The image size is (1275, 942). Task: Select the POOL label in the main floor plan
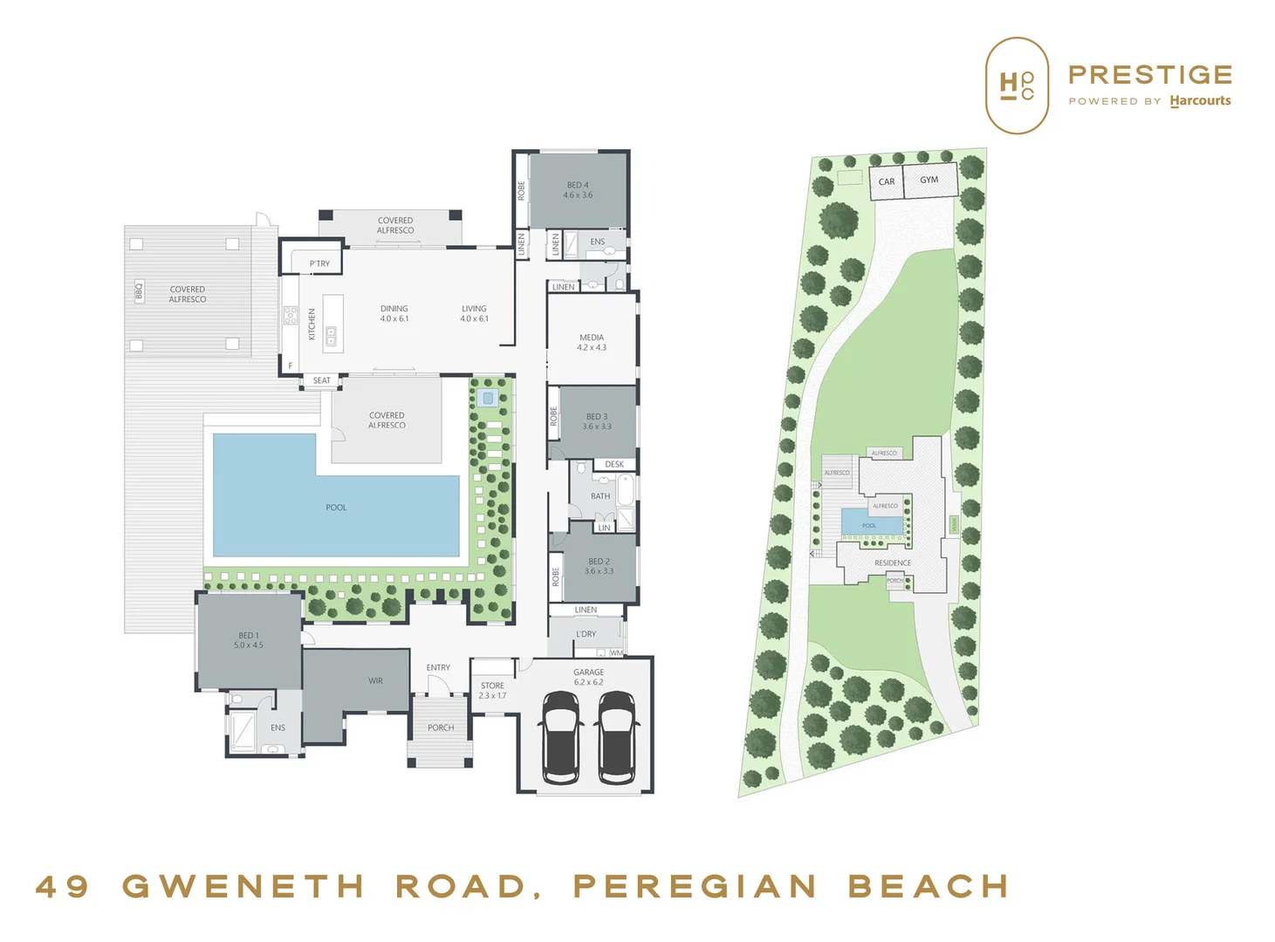click(x=336, y=507)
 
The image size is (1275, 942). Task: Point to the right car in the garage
click(x=618, y=736)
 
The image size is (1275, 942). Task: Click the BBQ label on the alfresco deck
click(x=139, y=290)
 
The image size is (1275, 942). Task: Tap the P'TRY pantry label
click(x=320, y=263)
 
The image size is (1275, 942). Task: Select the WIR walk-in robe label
click(x=376, y=680)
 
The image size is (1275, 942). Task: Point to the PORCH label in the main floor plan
click(x=441, y=727)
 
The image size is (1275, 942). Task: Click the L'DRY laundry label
click(x=586, y=634)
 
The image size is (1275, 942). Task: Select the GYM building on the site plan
click(x=929, y=180)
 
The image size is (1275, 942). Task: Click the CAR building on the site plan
click(x=887, y=182)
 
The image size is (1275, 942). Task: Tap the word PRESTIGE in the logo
click(x=1150, y=75)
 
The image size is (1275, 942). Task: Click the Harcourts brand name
click(x=1201, y=101)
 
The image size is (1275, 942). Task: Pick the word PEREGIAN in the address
click(x=695, y=887)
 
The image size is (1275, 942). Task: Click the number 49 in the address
click(x=63, y=887)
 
